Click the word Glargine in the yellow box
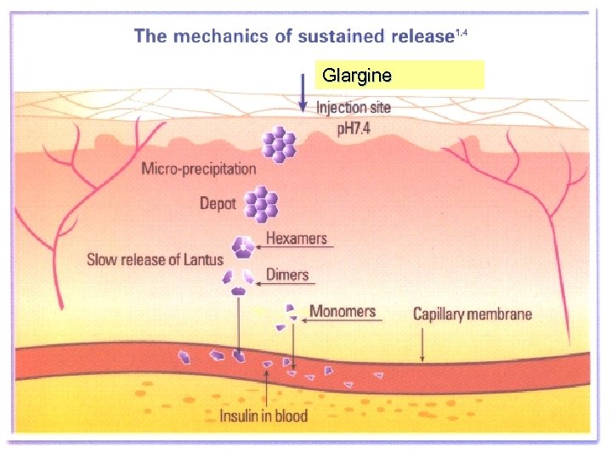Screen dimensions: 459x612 click(x=356, y=76)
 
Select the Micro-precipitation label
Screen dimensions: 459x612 click(x=198, y=168)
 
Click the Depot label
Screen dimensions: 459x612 click(x=218, y=203)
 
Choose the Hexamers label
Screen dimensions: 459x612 click(x=296, y=239)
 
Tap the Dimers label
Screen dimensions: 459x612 click(x=286, y=275)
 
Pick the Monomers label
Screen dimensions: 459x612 click(x=342, y=311)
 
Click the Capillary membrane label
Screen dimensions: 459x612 click(x=472, y=314)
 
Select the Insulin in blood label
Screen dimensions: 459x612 click(x=263, y=416)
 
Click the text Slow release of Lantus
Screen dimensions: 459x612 click(x=156, y=260)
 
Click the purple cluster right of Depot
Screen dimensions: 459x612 click(x=261, y=203)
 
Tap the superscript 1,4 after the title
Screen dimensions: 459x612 click(x=462, y=31)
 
